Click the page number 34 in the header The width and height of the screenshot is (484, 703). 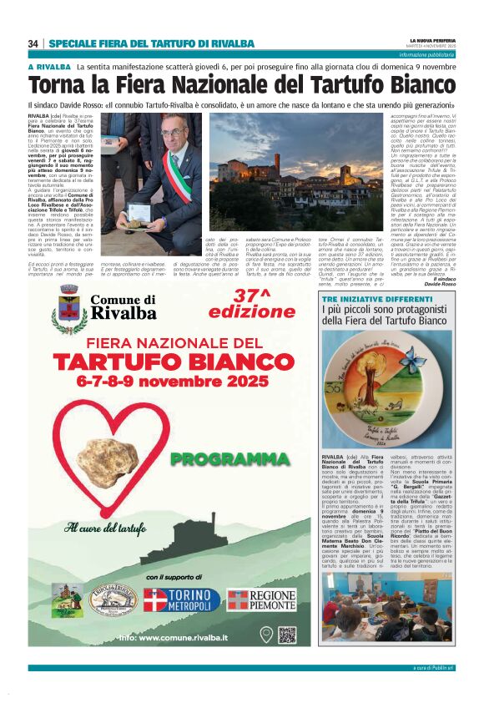33,43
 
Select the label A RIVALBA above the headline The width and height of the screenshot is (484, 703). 48,66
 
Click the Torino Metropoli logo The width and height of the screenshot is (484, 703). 182,599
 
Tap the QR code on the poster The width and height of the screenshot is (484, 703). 286,635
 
